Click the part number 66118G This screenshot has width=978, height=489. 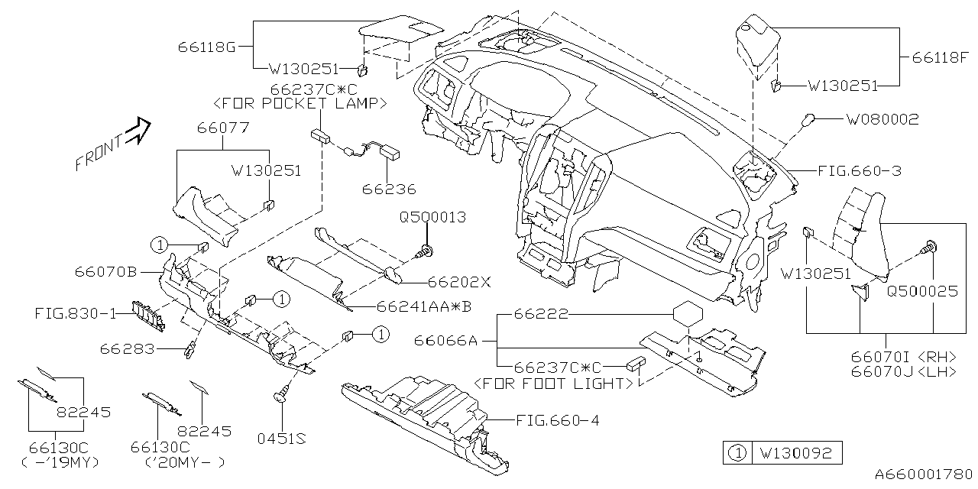pos(207,47)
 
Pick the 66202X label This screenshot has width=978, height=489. pos(458,281)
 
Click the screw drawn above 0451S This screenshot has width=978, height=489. pos(281,393)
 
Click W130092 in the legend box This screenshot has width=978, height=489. pos(795,452)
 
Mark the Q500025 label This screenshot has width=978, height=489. pos(921,291)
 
